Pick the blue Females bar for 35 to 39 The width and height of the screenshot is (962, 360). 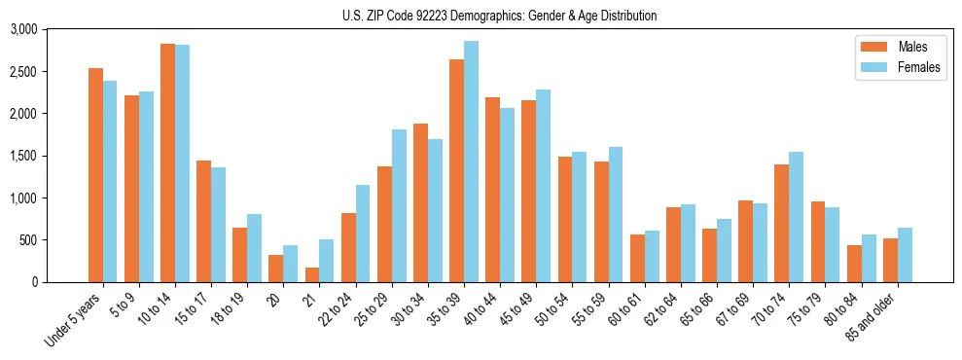click(471, 162)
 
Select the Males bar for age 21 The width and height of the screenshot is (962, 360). click(312, 275)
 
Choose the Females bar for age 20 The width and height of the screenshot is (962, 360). click(291, 264)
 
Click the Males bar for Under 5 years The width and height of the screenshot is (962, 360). click(95, 175)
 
